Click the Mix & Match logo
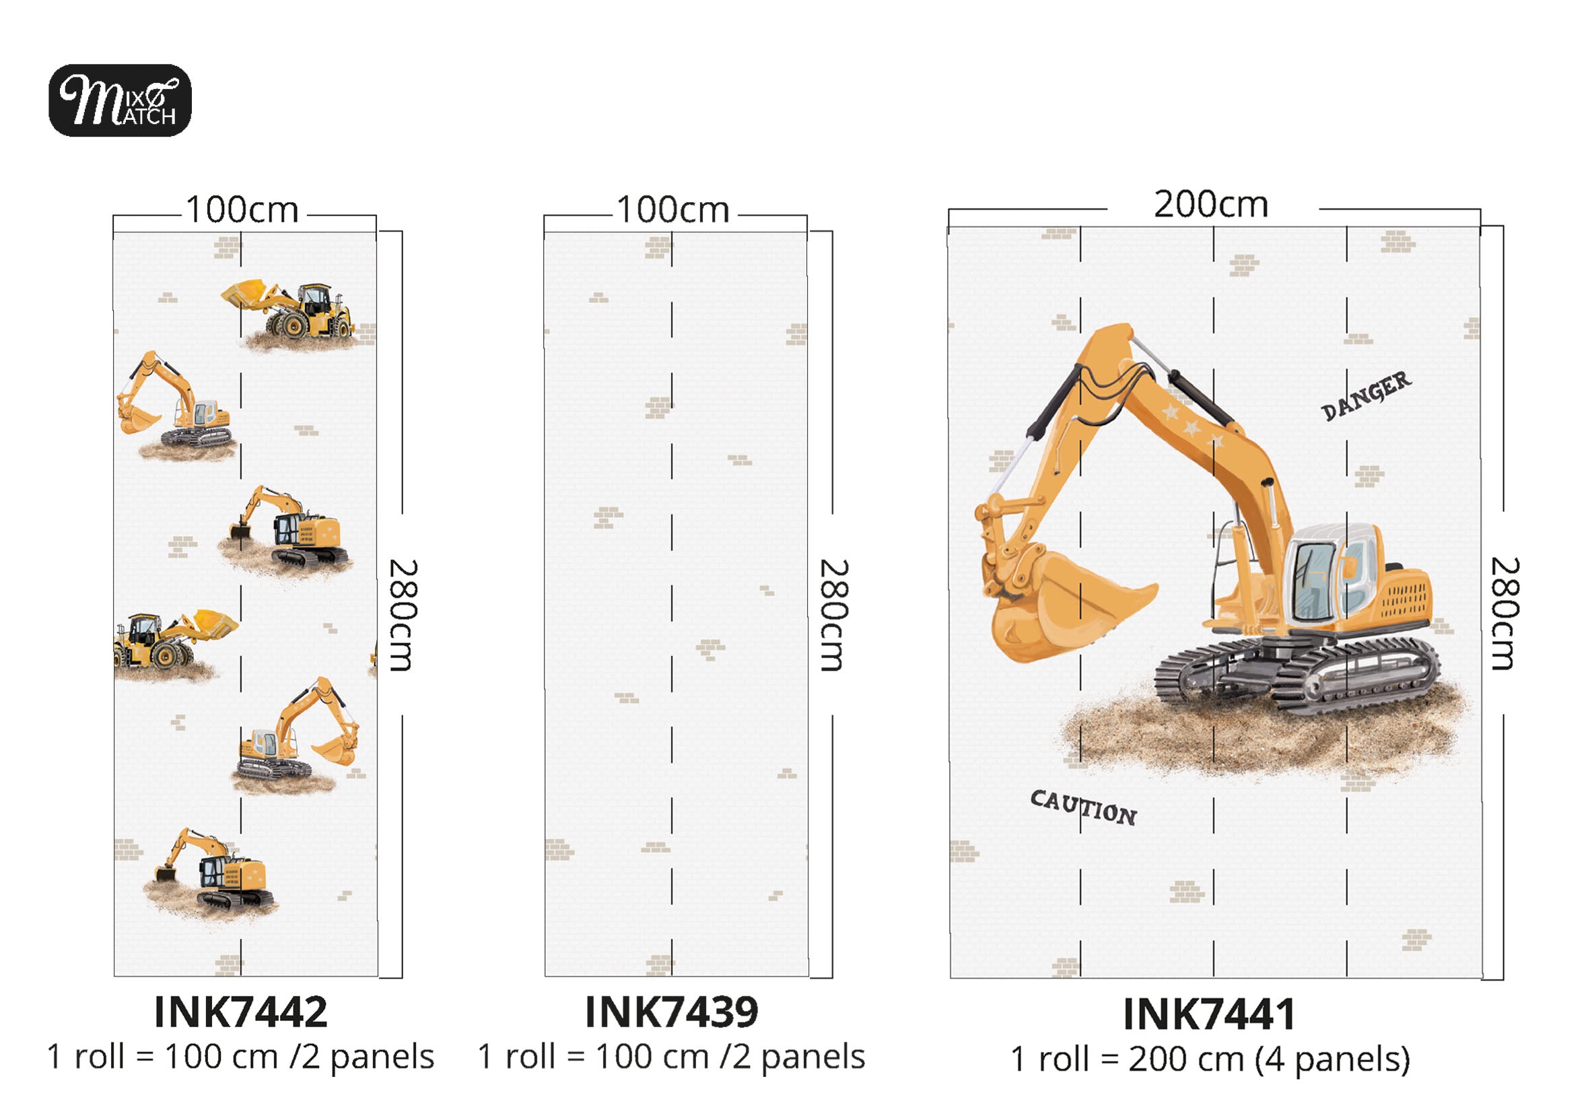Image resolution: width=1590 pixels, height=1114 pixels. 120,100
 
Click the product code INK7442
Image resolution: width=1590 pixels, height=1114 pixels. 240,1013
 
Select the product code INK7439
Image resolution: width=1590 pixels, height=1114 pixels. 672,1013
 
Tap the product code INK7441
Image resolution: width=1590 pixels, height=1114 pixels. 1209,1015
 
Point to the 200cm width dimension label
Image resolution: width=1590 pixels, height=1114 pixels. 1211,204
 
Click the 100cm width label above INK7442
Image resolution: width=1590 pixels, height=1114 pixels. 242,210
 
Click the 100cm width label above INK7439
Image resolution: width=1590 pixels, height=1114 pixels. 673,210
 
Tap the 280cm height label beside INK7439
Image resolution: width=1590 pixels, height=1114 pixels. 835,615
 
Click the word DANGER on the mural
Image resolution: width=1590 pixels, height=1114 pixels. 1365,395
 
